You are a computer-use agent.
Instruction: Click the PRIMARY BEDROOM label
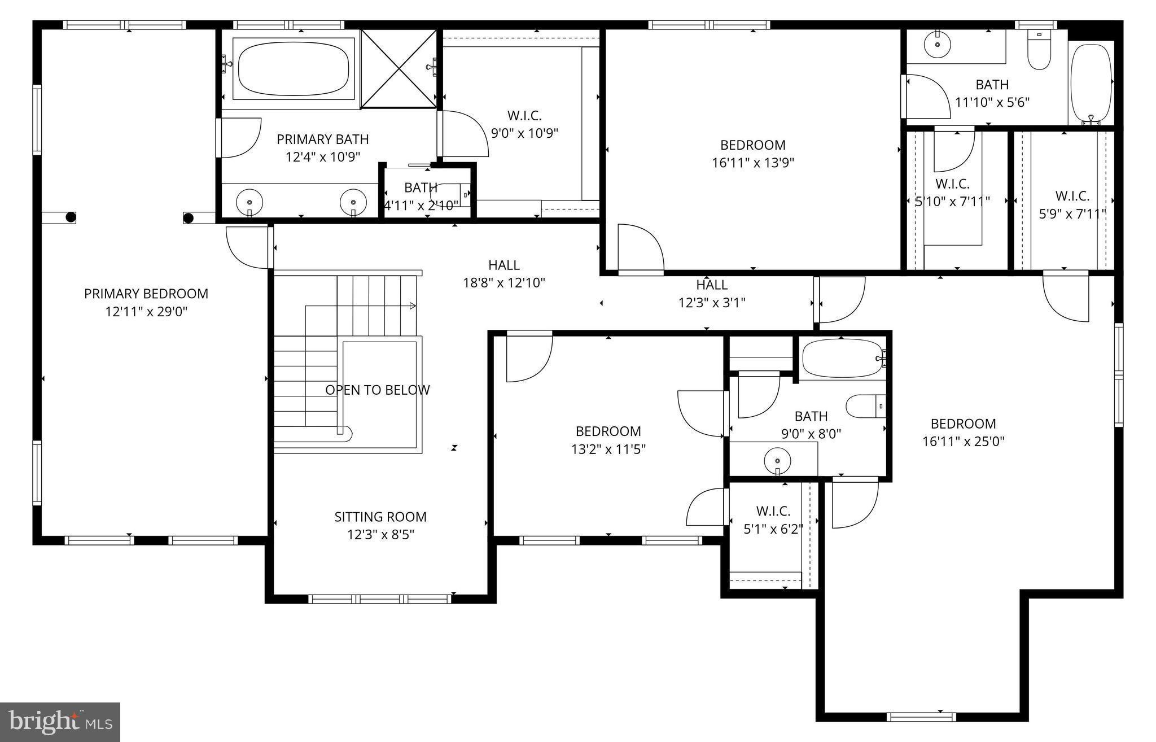(x=146, y=294)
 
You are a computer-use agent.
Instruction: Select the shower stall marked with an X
(x=399, y=68)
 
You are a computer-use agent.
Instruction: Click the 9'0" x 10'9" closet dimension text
(x=524, y=134)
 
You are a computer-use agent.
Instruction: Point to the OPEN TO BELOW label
(x=377, y=390)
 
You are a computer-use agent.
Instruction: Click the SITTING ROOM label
(x=380, y=517)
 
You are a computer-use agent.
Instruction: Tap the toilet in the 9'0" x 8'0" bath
(x=864, y=406)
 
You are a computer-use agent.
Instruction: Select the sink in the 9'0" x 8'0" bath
(x=777, y=460)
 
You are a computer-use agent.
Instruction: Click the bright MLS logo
(x=60, y=722)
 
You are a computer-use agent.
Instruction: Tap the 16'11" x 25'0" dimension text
(x=964, y=442)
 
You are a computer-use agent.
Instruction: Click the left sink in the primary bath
(x=249, y=202)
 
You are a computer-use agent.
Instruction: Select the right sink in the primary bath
(x=353, y=202)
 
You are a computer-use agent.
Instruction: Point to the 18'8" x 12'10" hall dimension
(x=504, y=283)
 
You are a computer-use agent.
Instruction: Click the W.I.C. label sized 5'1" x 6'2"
(x=773, y=511)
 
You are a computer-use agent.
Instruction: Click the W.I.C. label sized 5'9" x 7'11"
(x=1072, y=196)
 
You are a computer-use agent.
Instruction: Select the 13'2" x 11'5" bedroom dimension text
(x=608, y=449)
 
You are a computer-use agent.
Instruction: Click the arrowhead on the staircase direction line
(x=413, y=306)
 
